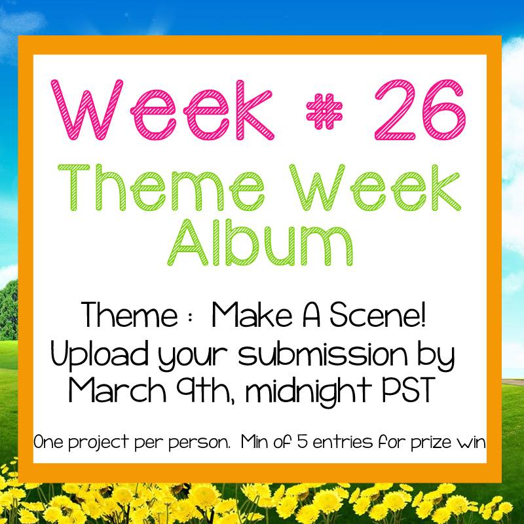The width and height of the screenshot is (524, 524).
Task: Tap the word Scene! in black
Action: pyautogui.click(x=386, y=316)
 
